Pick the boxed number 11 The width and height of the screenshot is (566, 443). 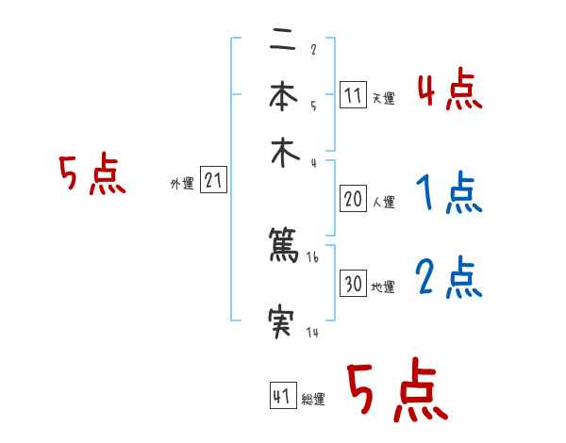tap(353, 95)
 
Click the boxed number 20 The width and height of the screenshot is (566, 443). tap(354, 199)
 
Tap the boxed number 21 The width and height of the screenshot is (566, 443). tap(213, 181)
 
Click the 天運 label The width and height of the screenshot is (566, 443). tap(382, 98)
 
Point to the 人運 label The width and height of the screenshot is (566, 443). tap(383, 202)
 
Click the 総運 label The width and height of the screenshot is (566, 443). tap(313, 400)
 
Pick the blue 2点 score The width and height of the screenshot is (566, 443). tap(449, 279)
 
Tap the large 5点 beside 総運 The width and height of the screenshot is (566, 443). tap(397, 391)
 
